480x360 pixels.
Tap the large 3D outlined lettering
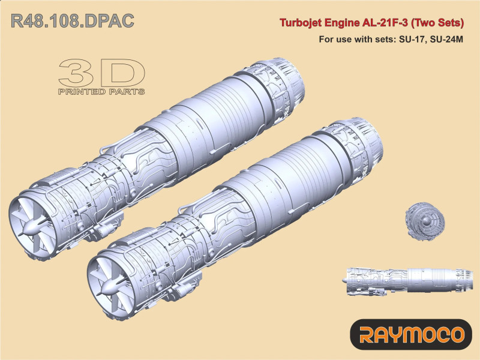(x=102, y=73)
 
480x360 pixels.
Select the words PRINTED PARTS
(x=101, y=92)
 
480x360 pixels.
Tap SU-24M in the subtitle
(x=446, y=40)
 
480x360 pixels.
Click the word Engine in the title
(x=343, y=24)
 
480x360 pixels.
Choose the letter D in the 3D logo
(x=123, y=73)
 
